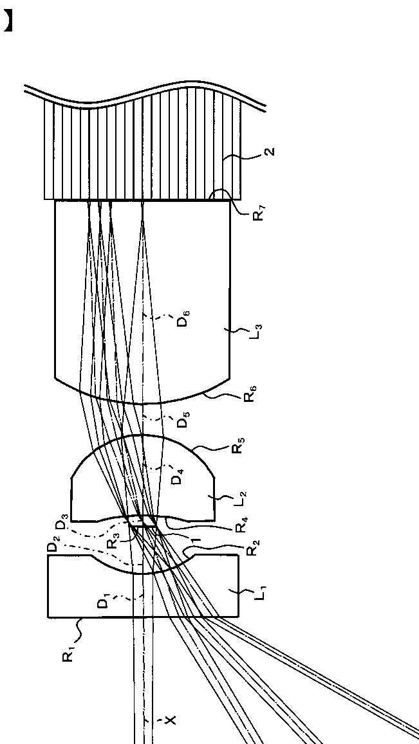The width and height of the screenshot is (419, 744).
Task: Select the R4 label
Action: [239, 525]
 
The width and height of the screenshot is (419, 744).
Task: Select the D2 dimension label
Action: [53, 549]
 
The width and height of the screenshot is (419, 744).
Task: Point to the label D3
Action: [61, 526]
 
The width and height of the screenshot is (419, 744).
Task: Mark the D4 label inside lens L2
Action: [180, 477]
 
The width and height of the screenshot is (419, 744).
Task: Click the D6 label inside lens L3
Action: [185, 318]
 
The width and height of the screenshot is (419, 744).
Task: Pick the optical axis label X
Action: [170, 721]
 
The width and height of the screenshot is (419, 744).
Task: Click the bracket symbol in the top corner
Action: [7, 21]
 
